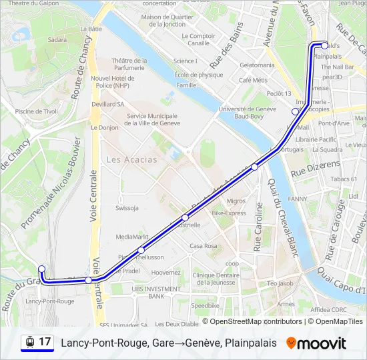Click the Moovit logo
316,343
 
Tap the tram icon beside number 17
30,342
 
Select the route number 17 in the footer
45,342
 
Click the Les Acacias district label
131,159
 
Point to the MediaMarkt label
131,237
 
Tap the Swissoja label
126,207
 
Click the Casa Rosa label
204,246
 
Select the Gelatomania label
257,65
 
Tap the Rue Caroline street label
258,227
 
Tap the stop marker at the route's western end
42,269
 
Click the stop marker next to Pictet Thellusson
141,250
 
